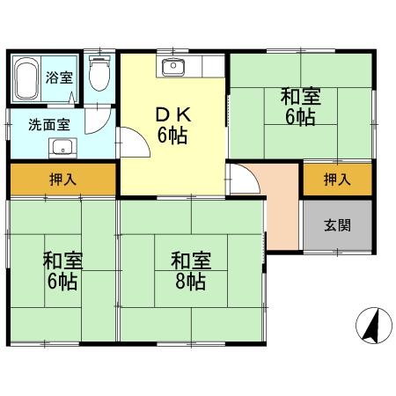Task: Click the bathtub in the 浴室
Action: click(x=26, y=78)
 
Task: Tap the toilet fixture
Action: click(x=99, y=73)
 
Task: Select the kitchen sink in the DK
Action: click(x=173, y=67)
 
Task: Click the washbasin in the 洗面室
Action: click(x=62, y=148)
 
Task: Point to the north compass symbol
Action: click(x=374, y=326)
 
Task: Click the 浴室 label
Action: click(x=59, y=77)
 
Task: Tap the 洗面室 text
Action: click(x=49, y=125)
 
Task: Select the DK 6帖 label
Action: click(x=173, y=125)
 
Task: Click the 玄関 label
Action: click(x=337, y=225)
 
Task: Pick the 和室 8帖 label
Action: click(x=191, y=271)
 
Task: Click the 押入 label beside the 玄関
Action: click(x=337, y=180)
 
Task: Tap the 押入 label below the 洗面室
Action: click(x=63, y=180)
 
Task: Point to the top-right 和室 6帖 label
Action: click(x=301, y=106)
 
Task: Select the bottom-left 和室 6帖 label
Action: click(x=62, y=271)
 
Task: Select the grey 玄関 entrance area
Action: click(x=337, y=225)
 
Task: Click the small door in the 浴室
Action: click(x=72, y=98)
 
